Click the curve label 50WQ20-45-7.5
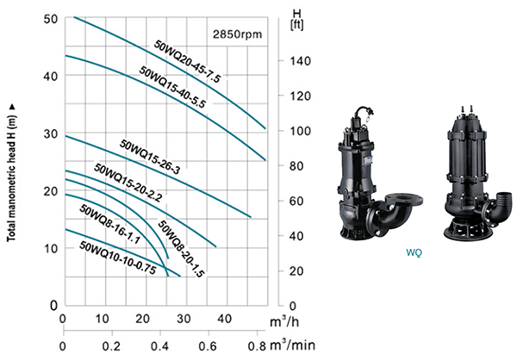point(187,62)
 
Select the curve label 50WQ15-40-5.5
point(172,87)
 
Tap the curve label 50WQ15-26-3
point(150,157)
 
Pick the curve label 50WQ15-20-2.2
point(128,183)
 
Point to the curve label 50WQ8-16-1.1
point(110,225)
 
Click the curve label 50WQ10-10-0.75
point(118,258)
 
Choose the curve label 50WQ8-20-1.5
point(181,249)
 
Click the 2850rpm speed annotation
point(237,34)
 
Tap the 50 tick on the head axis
point(51,19)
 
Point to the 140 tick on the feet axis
point(300,61)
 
